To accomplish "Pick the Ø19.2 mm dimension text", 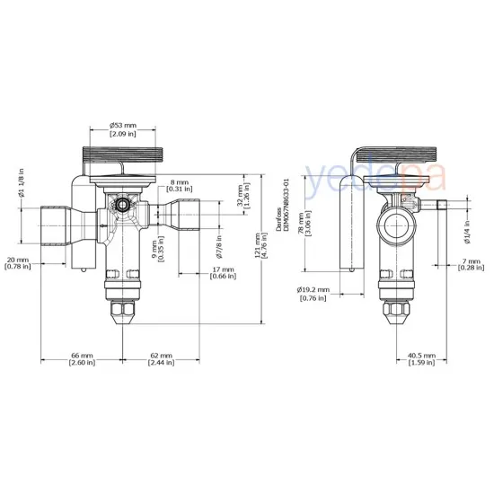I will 313,294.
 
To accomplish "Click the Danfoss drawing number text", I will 286,207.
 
